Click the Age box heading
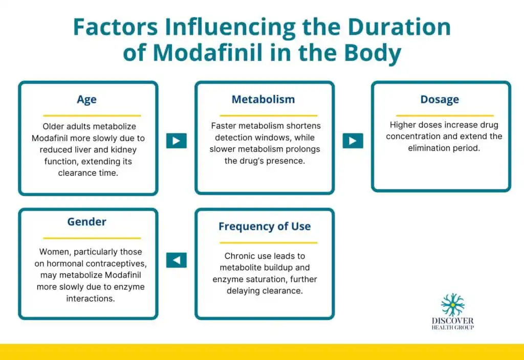[86, 100]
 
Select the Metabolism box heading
[264, 99]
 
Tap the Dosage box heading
[440, 100]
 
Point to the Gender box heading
[87, 221]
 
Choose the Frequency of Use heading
[265, 227]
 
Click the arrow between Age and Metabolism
[177, 141]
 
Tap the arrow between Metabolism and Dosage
[353, 141]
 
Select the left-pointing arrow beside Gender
[177, 260]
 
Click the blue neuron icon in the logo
[452, 304]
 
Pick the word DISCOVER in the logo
[452, 321]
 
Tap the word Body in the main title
[373, 53]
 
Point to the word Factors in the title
[115, 27]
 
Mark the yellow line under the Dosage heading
[445, 116]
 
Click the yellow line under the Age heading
[92, 116]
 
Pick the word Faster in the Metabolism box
[222, 126]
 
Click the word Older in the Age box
[53, 127]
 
